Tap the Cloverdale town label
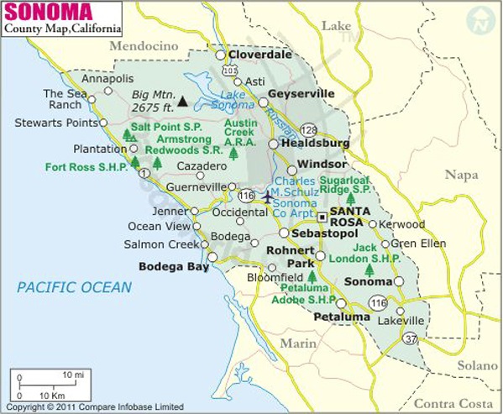tap(266, 55)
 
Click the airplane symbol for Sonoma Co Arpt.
tap(268, 197)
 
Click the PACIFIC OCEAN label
tap(75, 288)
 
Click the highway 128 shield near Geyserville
tap(309, 129)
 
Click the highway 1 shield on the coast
tap(144, 173)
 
